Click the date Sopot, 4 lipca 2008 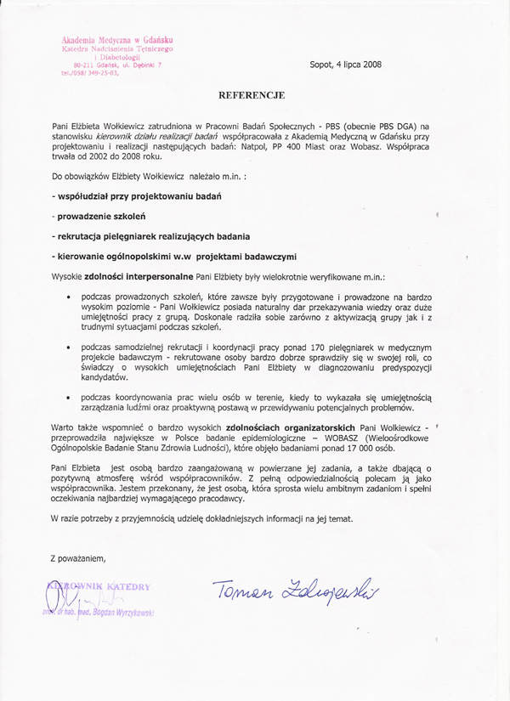345,65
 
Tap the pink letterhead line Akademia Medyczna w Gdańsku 117,40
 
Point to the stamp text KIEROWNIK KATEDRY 100,586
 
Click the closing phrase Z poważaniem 78,557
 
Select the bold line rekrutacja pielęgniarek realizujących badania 150,235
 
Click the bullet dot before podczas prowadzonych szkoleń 68,297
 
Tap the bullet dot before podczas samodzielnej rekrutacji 68,348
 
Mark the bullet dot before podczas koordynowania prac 68,397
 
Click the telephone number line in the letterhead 90,73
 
